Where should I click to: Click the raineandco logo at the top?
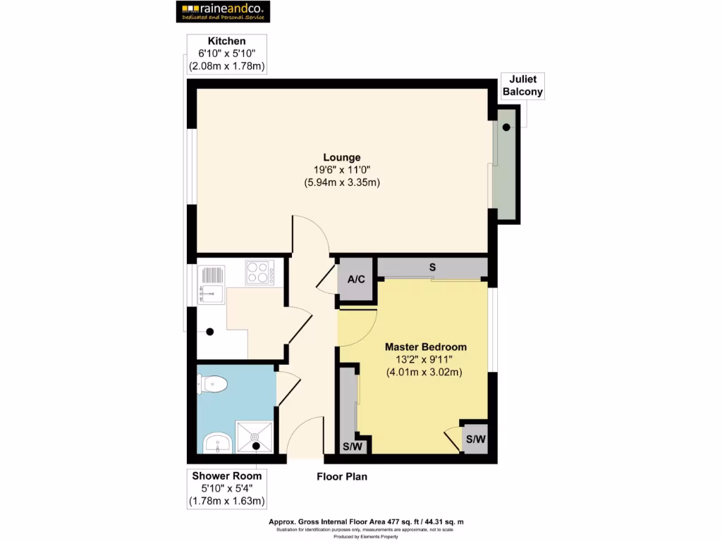tap(221, 11)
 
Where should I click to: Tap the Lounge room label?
tap(342, 157)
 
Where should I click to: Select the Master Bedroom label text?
tap(425, 347)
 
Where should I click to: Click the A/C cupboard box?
tap(357, 280)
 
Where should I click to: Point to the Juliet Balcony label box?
tap(522, 86)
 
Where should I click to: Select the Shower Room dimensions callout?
tap(226, 488)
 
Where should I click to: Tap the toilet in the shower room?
tap(213, 384)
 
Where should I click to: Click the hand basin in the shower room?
tap(218, 444)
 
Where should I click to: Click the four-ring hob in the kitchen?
tap(259, 272)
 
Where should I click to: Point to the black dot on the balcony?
tap(507, 128)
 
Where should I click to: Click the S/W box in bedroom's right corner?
tap(475, 440)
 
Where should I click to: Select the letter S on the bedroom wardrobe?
tap(432, 268)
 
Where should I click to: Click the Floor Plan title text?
tap(341, 477)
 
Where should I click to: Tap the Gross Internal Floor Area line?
tap(366, 522)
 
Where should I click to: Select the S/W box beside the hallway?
tap(352, 447)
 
